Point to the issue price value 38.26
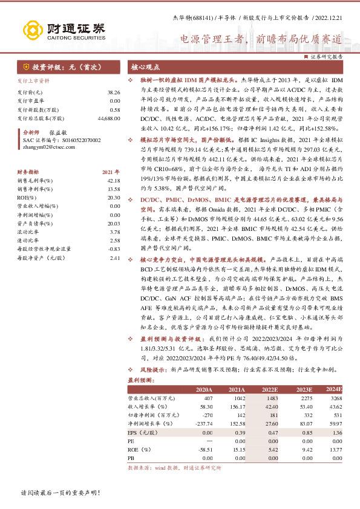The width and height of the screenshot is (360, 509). (114, 91)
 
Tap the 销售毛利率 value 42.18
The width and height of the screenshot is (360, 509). (114, 181)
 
